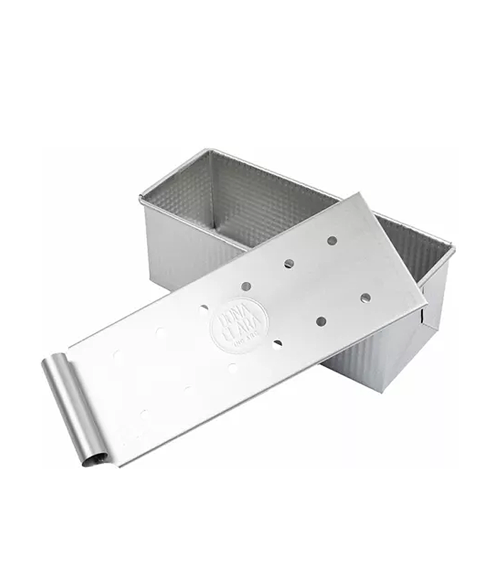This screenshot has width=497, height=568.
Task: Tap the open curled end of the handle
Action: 90,462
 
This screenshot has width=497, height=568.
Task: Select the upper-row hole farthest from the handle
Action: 332,240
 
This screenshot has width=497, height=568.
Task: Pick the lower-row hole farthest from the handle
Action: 365,296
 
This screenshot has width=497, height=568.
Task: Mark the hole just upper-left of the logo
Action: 204,309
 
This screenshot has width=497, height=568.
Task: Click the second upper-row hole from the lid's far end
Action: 289,263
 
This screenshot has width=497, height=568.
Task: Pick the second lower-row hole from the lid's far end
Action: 321,321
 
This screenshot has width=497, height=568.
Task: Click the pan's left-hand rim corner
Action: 141,198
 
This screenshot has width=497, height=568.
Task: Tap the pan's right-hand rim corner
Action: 452,247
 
